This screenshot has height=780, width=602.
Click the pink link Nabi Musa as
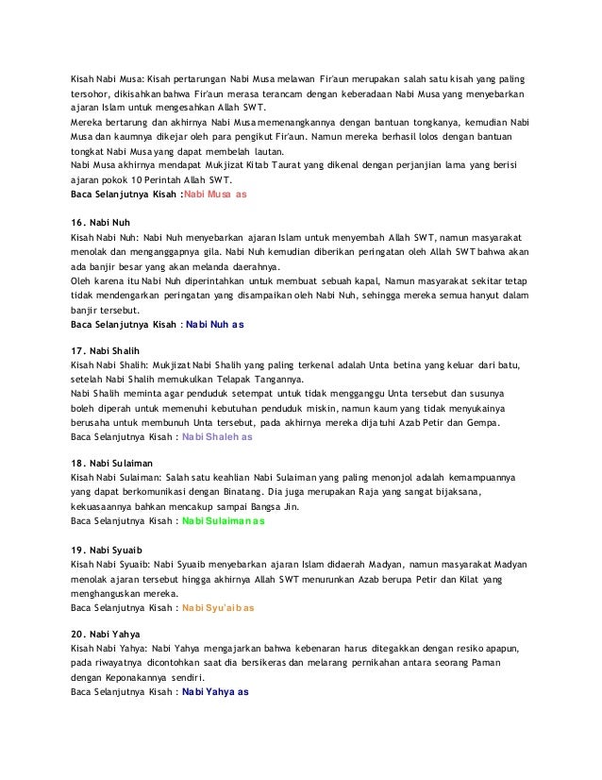point(215,195)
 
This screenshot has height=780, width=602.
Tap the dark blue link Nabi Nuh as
point(215,324)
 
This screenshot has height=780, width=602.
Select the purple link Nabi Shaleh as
point(217,437)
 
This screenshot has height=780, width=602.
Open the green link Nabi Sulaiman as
point(224,520)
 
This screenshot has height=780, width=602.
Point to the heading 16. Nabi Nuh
point(100,221)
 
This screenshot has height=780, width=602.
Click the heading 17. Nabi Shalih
point(106,349)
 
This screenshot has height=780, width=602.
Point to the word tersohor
point(95,93)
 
